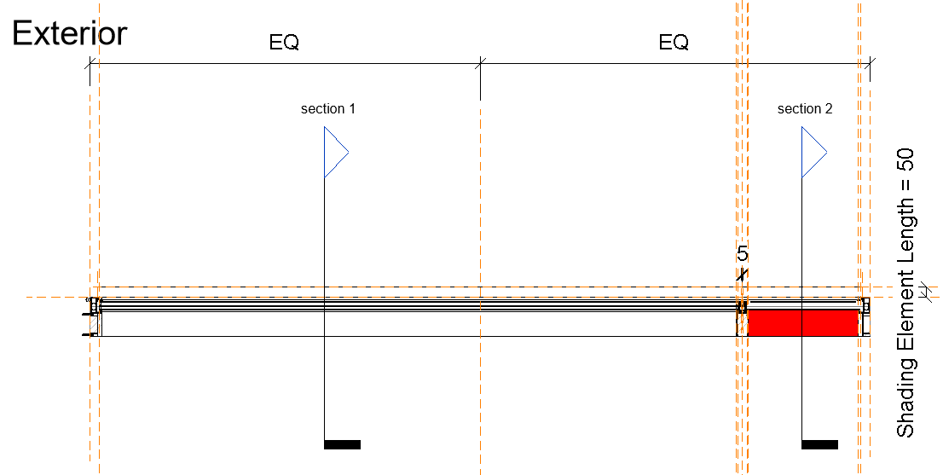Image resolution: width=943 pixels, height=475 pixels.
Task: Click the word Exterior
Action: point(69,33)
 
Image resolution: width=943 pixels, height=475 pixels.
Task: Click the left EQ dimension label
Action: point(284,43)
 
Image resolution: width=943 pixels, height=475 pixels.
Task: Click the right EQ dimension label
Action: point(674,43)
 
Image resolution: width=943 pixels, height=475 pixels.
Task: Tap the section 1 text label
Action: point(328,109)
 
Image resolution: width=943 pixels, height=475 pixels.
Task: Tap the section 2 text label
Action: point(805,109)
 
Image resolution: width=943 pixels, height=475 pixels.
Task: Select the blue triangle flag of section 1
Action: point(334,153)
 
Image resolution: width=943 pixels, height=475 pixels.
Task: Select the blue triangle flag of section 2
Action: point(812,153)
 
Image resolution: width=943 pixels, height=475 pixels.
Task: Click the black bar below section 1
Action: point(342,444)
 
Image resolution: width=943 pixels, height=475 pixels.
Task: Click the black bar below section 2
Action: point(819,444)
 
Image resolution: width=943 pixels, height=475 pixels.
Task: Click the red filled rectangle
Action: point(802,323)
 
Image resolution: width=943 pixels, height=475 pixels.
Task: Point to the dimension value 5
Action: point(743,254)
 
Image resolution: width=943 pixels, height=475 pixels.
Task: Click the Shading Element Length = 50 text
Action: point(905,293)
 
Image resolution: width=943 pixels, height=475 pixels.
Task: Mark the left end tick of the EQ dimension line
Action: point(90,62)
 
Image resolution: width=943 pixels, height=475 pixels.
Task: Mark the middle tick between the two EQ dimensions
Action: point(481,62)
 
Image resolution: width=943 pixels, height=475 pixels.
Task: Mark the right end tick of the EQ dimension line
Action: point(869,62)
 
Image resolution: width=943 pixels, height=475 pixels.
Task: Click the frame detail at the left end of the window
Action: point(93,316)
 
